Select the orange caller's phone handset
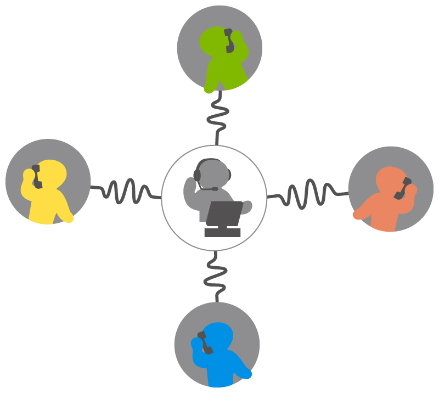(x=403, y=188)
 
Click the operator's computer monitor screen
(x=224, y=214)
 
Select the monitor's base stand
(x=222, y=233)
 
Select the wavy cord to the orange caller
(x=307, y=194)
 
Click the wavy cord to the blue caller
(x=215, y=277)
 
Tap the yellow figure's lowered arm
(x=64, y=211)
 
